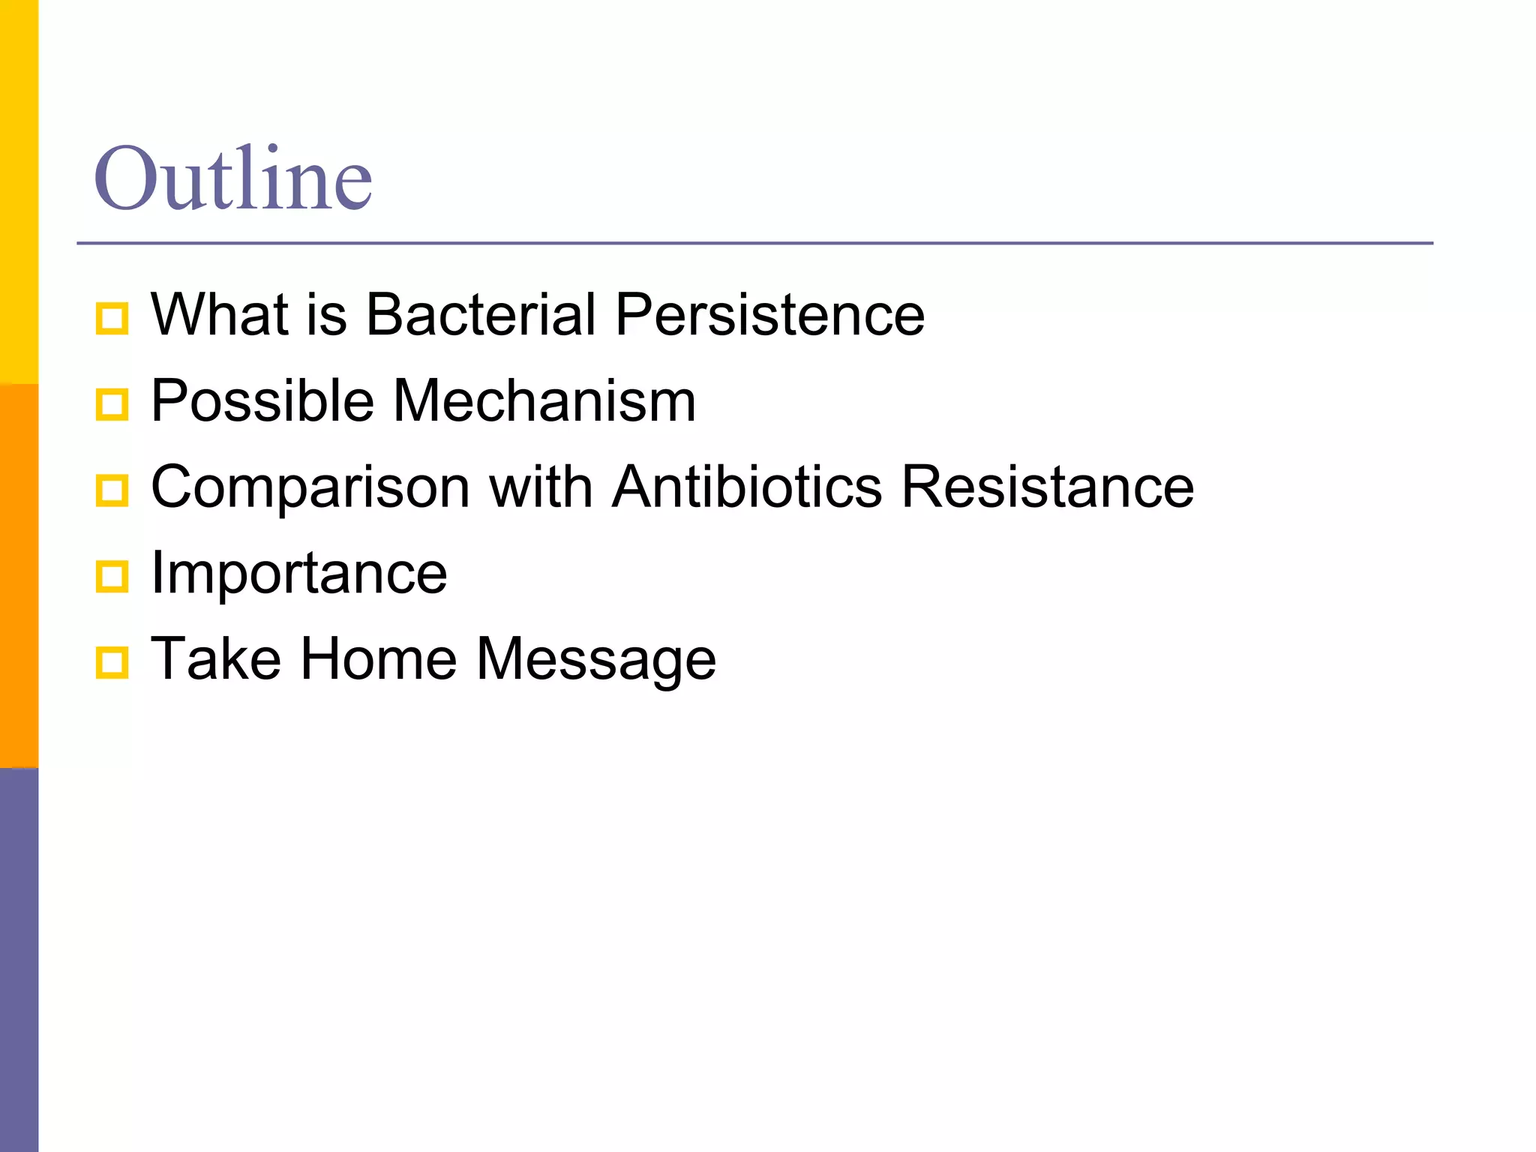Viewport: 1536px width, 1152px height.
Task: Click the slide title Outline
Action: (x=232, y=178)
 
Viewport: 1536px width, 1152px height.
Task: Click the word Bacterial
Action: (x=480, y=314)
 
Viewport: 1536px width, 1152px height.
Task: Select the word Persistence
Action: (x=769, y=314)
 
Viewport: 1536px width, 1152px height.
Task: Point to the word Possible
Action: (x=262, y=400)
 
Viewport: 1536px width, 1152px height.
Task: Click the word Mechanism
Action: (x=544, y=400)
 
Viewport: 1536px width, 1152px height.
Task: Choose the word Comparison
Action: (x=310, y=487)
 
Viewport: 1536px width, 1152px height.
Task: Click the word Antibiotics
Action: (x=747, y=487)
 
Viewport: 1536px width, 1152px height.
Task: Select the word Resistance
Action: (x=1047, y=487)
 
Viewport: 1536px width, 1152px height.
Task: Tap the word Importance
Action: (x=298, y=574)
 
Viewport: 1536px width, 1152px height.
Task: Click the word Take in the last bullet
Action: (x=216, y=659)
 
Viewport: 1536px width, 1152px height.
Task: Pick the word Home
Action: (x=379, y=659)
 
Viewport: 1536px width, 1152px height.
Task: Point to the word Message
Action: (x=596, y=661)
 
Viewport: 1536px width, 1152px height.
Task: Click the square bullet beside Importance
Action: (x=112, y=577)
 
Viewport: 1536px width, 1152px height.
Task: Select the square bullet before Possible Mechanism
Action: (x=112, y=404)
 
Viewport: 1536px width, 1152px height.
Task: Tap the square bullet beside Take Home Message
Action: (x=112, y=663)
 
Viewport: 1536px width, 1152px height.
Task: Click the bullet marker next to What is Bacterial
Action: (x=112, y=318)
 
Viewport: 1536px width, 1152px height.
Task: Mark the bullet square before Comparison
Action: (x=112, y=490)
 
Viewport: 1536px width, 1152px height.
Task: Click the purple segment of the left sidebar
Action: (x=19, y=960)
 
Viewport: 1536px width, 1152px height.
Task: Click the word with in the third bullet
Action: (x=541, y=487)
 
